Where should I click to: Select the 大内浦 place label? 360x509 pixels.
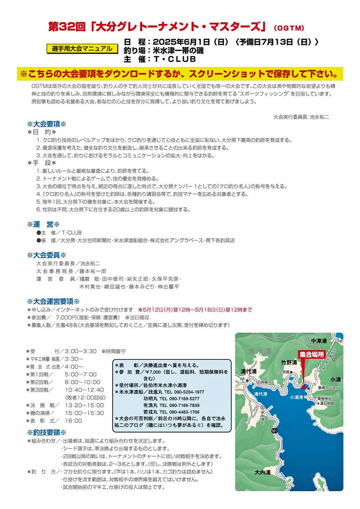point(263,472)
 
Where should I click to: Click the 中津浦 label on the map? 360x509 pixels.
point(319,340)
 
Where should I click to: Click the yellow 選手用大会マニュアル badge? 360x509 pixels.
point(82,48)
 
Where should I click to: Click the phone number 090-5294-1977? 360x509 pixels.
point(187,392)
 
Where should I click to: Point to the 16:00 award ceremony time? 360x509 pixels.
point(73,420)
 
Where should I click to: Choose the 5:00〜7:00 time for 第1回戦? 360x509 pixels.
point(81,374)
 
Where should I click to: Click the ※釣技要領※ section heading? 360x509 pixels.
point(46,432)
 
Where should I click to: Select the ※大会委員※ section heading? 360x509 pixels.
point(46,255)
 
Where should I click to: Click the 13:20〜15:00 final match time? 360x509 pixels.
point(85,405)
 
